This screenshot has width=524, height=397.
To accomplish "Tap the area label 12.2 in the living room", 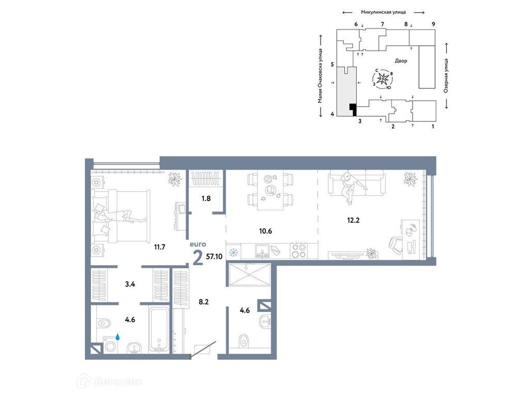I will pyautogui.click(x=354, y=219).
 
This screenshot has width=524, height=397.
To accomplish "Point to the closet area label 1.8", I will pyautogui.click(x=206, y=197).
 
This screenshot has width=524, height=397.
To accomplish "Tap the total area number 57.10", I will pyautogui.click(x=214, y=256).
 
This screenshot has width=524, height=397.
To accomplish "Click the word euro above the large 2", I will pyautogui.click(x=198, y=243).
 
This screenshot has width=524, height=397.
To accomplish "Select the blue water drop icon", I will pyautogui.click(x=118, y=337).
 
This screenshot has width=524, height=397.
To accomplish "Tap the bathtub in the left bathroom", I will pyautogui.click(x=158, y=329).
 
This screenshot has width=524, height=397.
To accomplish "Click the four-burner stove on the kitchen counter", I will pyautogui.click(x=298, y=250).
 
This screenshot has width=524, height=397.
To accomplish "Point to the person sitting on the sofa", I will pyautogui.click(x=351, y=185).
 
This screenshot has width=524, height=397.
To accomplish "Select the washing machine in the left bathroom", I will pyautogui.click(x=110, y=345).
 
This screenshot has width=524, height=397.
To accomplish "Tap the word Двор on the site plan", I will pyautogui.click(x=401, y=61).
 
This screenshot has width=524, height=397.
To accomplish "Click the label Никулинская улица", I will pyautogui.click(x=383, y=11).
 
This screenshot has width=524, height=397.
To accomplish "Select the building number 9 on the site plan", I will pyautogui.click(x=433, y=24).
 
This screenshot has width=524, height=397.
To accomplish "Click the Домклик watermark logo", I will pyautogui.click(x=109, y=382).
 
